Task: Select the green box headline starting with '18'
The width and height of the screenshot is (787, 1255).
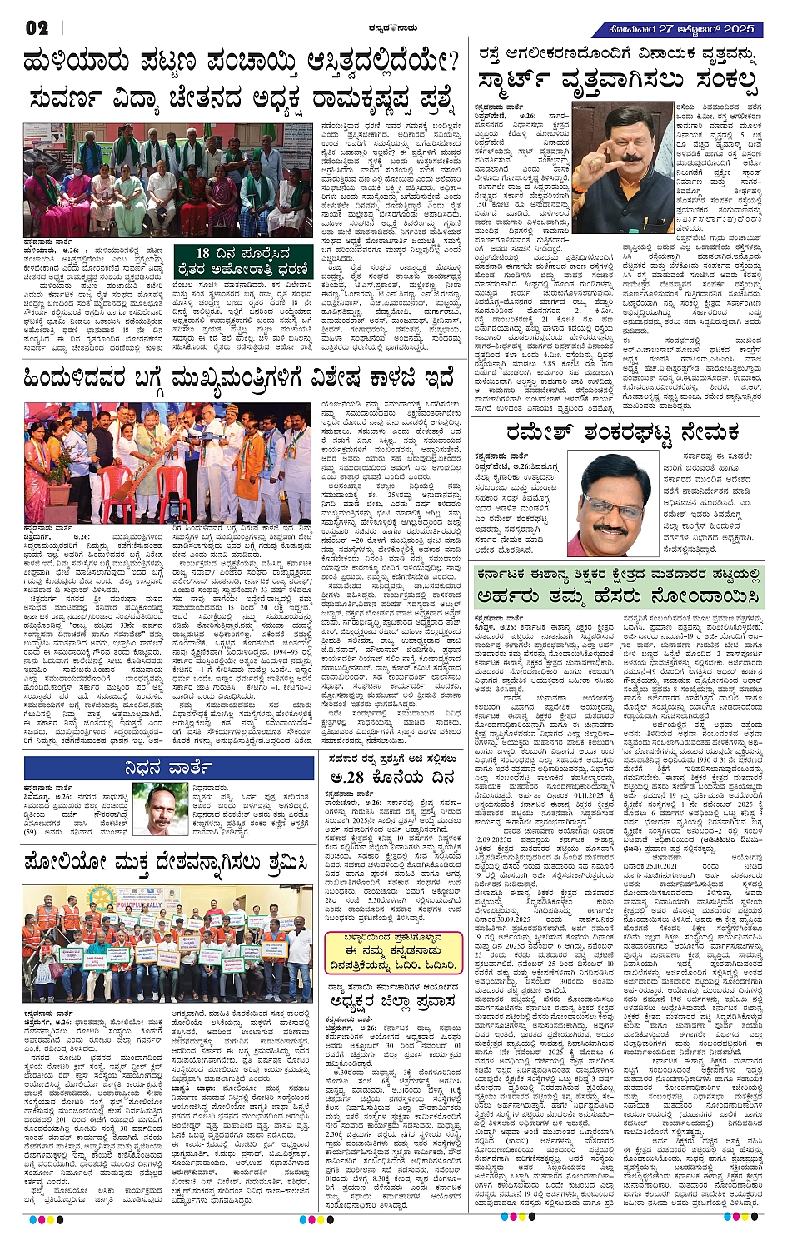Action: [242, 260]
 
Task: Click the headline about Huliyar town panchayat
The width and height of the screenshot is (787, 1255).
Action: [242, 63]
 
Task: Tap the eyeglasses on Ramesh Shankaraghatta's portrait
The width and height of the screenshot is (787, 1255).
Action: [615, 505]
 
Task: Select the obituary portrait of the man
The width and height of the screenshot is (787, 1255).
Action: [159, 808]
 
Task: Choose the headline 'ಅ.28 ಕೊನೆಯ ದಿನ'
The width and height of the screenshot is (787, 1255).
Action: [391, 777]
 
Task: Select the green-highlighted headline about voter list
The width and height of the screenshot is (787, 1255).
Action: [616, 587]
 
